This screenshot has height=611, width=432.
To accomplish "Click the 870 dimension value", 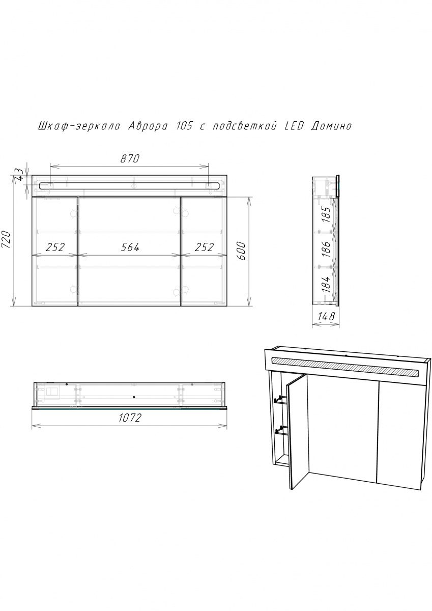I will pyautogui.click(x=130, y=158).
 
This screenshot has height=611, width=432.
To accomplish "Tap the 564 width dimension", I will pyautogui.click(x=130, y=247).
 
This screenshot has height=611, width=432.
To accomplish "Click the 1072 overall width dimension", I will pyautogui.click(x=130, y=419).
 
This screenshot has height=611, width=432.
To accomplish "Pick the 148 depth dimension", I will pyautogui.click(x=326, y=317).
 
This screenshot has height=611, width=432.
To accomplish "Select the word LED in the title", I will pyautogui.click(x=292, y=126).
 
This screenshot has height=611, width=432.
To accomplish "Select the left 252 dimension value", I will pyautogui.click(x=55, y=247).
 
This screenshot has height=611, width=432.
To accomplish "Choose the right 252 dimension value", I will pyautogui.click(x=204, y=247).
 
